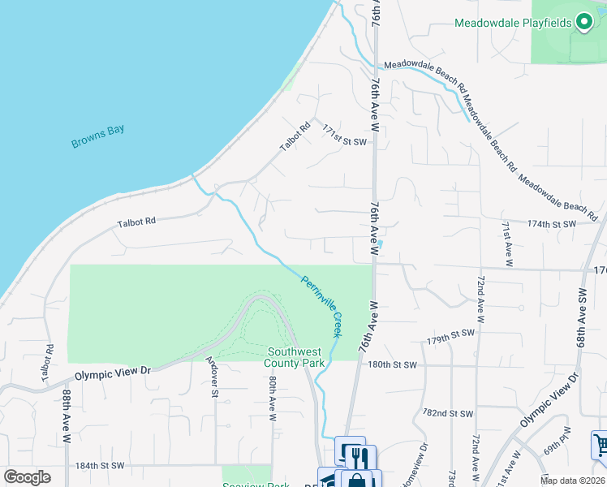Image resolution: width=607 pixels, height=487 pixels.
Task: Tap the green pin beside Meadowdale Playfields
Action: click(584, 23)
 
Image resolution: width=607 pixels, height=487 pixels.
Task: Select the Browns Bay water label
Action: click(97, 136)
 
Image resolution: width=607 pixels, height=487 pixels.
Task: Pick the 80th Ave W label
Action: click(273, 397)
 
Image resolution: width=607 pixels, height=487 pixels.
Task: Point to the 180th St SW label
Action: click(392, 365)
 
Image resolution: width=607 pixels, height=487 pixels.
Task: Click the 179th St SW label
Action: click(450, 334)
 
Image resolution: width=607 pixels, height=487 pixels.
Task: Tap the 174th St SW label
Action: click(551, 223)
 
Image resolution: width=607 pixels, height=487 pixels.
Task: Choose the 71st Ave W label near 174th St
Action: click(506, 243)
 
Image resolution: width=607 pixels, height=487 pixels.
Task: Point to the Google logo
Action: click(27, 477)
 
